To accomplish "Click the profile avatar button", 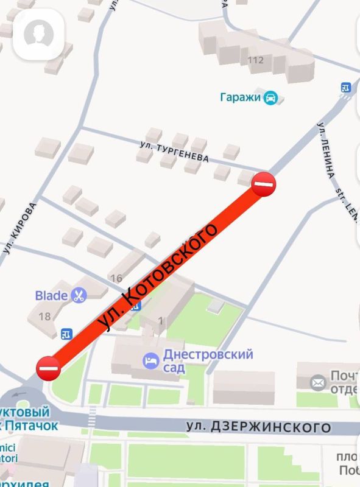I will (x=39, y=35).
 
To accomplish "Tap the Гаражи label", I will (x=240, y=97).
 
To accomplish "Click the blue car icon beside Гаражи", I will (x=270, y=97).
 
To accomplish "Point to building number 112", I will (x=256, y=60).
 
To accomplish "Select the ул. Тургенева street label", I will (x=174, y=152).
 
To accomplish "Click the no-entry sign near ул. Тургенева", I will (x=264, y=183).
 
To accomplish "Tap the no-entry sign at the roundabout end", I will (x=48, y=368).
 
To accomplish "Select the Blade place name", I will (x=51, y=296).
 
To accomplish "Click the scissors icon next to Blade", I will (x=79, y=296).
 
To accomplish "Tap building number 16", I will (x=116, y=279).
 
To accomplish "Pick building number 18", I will (x=44, y=317).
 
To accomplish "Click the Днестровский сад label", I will (x=208, y=361).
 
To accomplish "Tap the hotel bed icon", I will (x=150, y=361).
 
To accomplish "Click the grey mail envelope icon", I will (x=318, y=382).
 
